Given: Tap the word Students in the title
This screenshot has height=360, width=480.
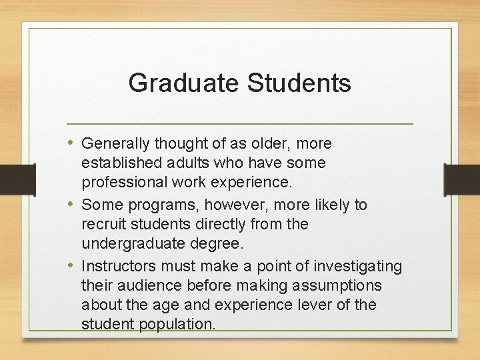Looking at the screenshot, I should click(x=299, y=83).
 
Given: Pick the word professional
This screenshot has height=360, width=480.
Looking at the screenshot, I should click(x=122, y=182).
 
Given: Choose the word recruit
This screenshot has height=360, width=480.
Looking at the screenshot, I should click(x=103, y=224).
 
